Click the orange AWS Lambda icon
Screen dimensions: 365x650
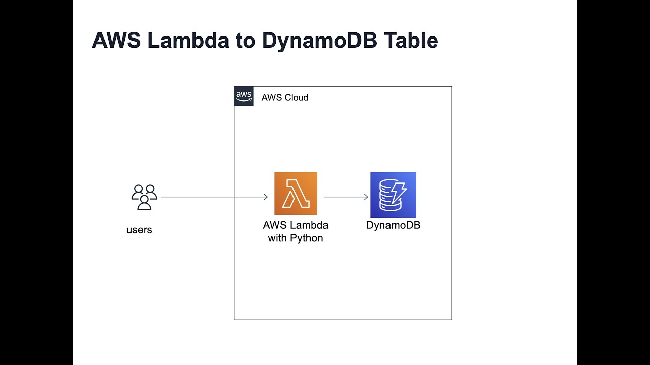click(296, 194)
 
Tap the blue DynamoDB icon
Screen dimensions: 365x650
click(393, 195)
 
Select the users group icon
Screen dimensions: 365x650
click(144, 197)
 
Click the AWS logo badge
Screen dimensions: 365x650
click(244, 96)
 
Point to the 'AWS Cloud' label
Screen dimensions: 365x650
click(284, 98)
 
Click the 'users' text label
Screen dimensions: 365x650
click(139, 230)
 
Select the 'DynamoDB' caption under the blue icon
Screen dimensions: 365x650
click(393, 225)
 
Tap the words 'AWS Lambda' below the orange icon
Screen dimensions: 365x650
click(296, 225)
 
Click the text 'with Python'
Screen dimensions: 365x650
click(296, 238)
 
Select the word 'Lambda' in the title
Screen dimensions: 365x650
click(188, 41)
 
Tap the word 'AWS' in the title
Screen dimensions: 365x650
click(116, 41)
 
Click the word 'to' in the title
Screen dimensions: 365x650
click(246, 41)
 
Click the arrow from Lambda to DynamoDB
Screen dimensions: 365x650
click(345, 197)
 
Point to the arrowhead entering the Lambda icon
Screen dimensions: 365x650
click(265, 197)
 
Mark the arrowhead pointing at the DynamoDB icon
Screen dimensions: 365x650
click(366, 197)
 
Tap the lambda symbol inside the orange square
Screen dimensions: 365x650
click(296, 194)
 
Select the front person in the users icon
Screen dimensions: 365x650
click(144, 203)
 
